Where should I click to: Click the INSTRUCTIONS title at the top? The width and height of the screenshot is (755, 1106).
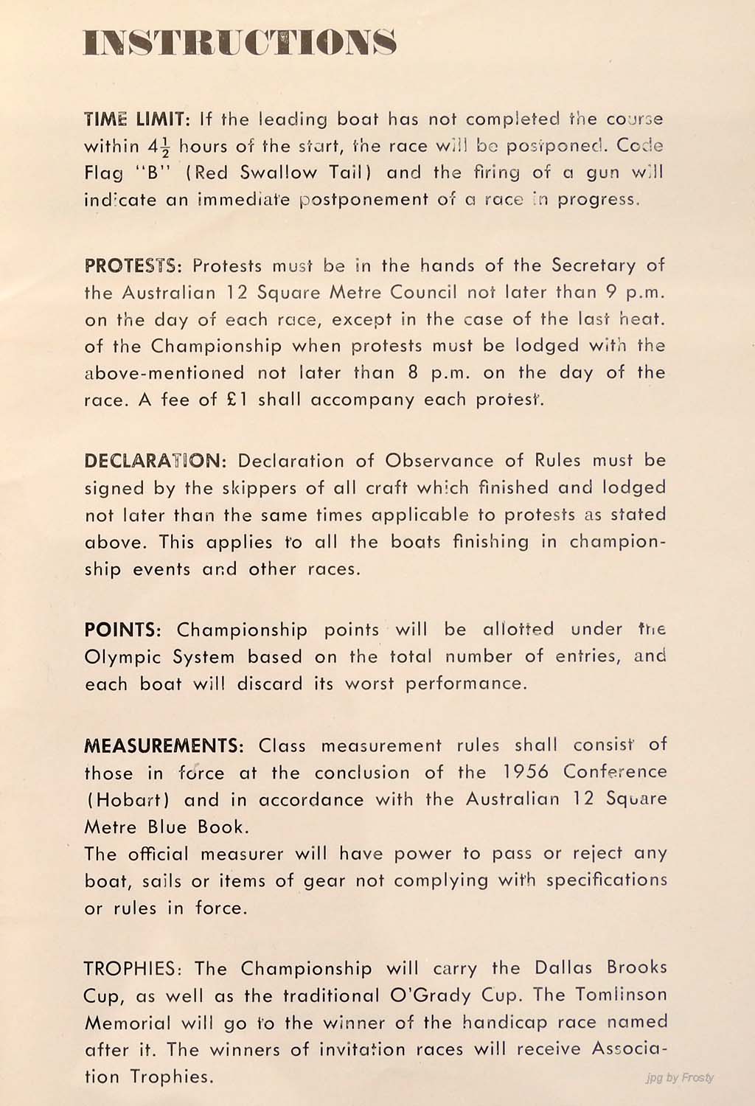240,43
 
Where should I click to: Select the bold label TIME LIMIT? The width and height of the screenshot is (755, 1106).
137,119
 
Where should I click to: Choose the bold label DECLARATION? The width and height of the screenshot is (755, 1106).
152,462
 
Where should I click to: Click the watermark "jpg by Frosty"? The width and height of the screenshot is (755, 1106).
680,1077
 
